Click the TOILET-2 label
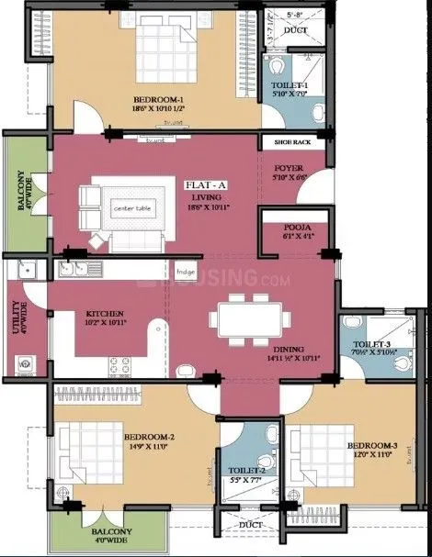pyautogui.click(x=243, y=470)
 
